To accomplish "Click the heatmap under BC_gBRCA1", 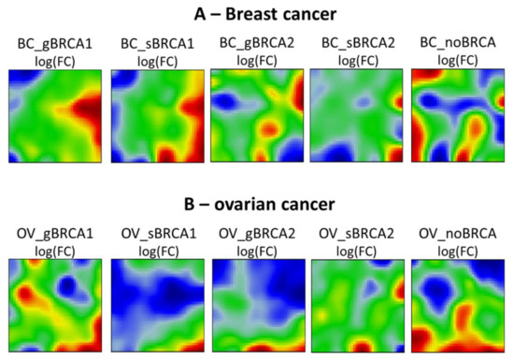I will click(x=55, y=115).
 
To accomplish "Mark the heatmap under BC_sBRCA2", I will click(x=357, y=115).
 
